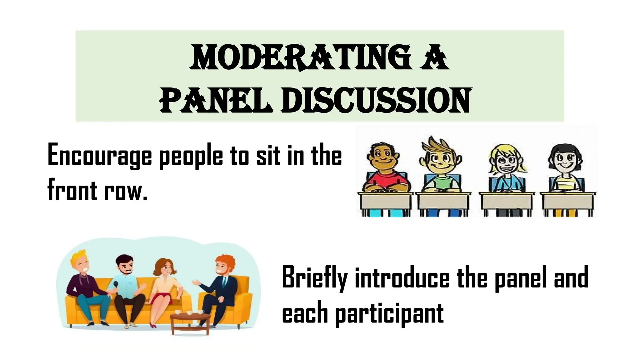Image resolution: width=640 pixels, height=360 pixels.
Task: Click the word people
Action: click(191, 156)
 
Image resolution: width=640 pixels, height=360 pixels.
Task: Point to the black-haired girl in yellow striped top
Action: click(566, 169)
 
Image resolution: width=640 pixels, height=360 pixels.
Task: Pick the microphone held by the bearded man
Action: click(116, 285)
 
